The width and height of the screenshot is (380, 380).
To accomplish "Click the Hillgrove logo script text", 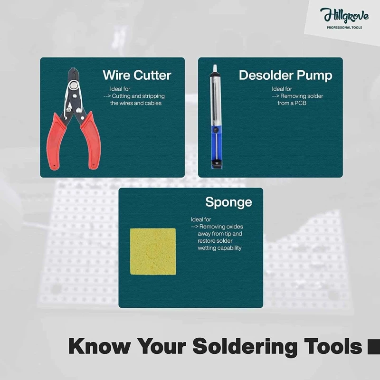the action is [x=344, y=15].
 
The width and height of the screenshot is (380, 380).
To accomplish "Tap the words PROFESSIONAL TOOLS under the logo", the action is [x=344, y=28].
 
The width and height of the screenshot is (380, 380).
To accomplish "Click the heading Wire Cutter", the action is [x=137, y=75].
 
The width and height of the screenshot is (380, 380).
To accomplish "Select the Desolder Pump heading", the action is [x=285, y=75].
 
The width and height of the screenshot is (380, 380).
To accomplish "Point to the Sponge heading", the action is [x=228, y=202].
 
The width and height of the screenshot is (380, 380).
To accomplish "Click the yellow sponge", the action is [x=153, y=251].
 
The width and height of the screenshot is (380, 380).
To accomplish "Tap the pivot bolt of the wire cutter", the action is [x=73, y=85].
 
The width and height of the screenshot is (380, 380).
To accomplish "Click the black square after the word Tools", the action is [x=374, y=347].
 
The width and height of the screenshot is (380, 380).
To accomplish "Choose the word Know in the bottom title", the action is [x=99, y=346].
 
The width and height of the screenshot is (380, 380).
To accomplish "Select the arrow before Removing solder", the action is [x=275, y=96].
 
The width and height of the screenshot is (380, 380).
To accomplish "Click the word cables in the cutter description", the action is [x=153, y=103].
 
